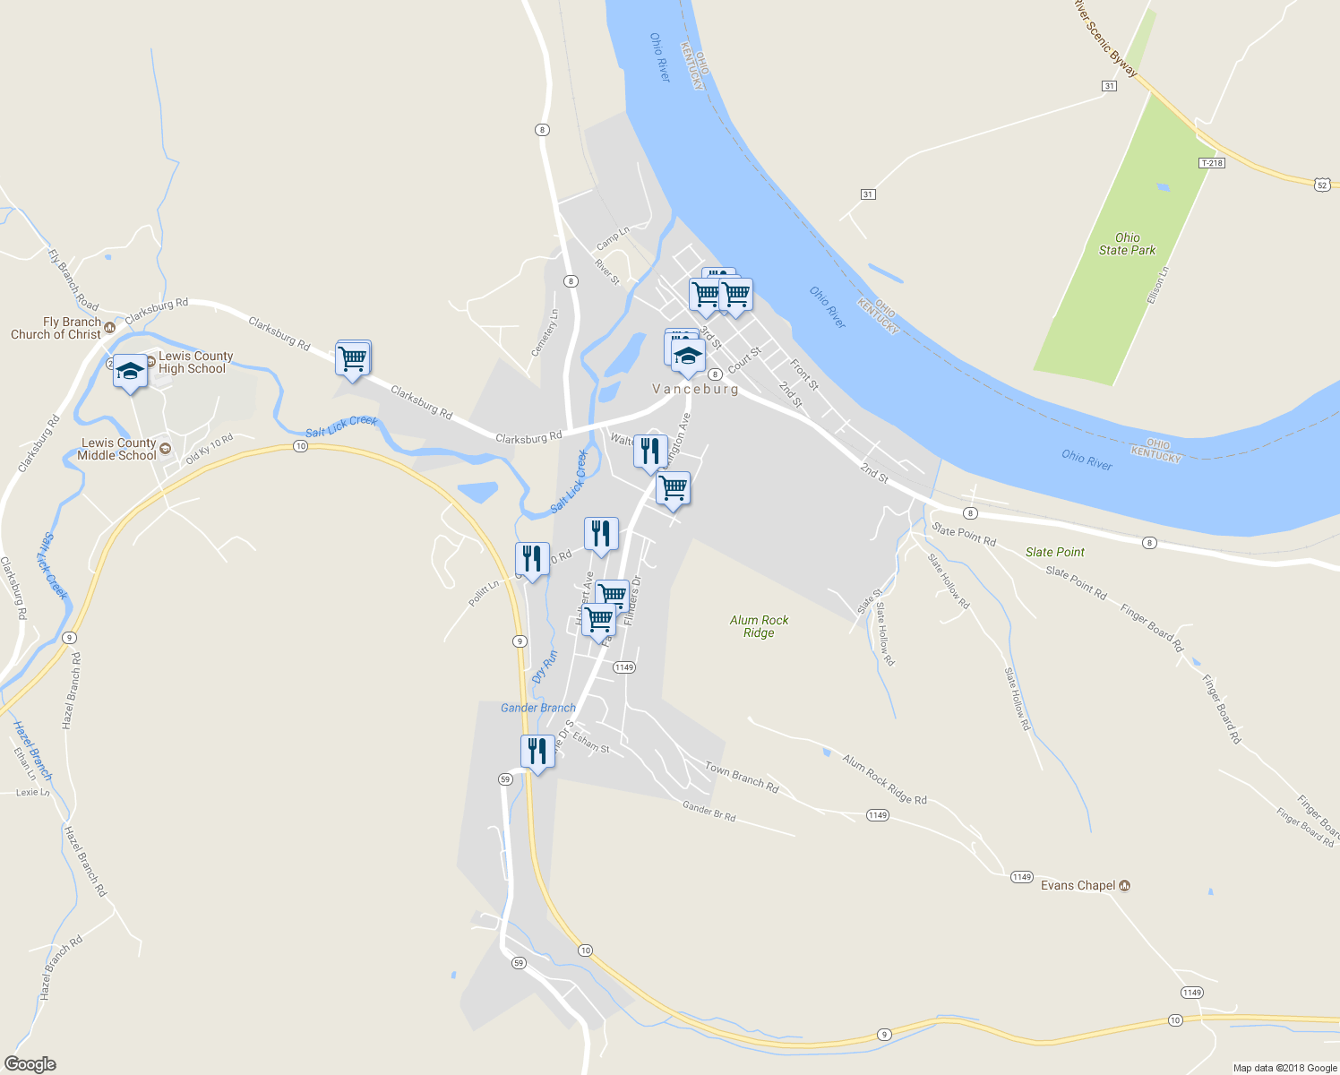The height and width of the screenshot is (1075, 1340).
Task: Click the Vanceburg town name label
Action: pyautogui.click(x=695, y=389)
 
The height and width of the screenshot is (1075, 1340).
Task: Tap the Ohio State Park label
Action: pyautogui.click(x=1127, y=244)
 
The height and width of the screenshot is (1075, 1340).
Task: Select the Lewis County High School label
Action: pyautogui.click(x=195, y=362)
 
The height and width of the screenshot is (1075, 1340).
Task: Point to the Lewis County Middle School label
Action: pyautogui.click(x=117, y=449)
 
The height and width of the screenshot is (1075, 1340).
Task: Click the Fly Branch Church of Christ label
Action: pyautogui.click(x=56, y=328)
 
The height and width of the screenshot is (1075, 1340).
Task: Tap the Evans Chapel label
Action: pyautogui.click(x=1078, y=885)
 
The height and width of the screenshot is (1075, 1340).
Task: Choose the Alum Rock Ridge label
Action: pyautogui.click(x=759, y=626)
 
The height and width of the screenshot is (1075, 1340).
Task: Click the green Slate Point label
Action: pyautogui.click(x=1054, y=552)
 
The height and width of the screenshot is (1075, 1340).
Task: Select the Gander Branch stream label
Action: pyautogui.click(x=537, y=708)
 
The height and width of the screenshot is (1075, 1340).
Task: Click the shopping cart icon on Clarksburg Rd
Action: pyautogui.click(x=353, y=358)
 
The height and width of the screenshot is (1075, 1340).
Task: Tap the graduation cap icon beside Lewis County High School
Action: pyautogui.click(x=130, y=371)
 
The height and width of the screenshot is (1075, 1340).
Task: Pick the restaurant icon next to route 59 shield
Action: pyautogui.click(x=537, y=750)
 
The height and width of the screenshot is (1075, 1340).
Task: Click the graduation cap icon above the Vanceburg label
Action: pyautogui.click(x=688, y=357)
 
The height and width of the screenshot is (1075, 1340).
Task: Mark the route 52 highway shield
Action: pyautogui.click(x=1322, y=185)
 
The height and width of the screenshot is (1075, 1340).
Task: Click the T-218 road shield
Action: pyautogui.click(x=1211, y=163)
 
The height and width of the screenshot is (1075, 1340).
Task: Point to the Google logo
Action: pyautogui.click(x=30, y=1064)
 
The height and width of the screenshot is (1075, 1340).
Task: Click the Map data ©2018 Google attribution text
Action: pyautogui.click(x=1284, y=1068)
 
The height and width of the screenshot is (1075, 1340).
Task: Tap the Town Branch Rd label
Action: pyautogui.click(x=742, y=778)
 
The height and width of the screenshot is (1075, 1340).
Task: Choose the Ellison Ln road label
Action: pyautogui.click(x=1157, y=285)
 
